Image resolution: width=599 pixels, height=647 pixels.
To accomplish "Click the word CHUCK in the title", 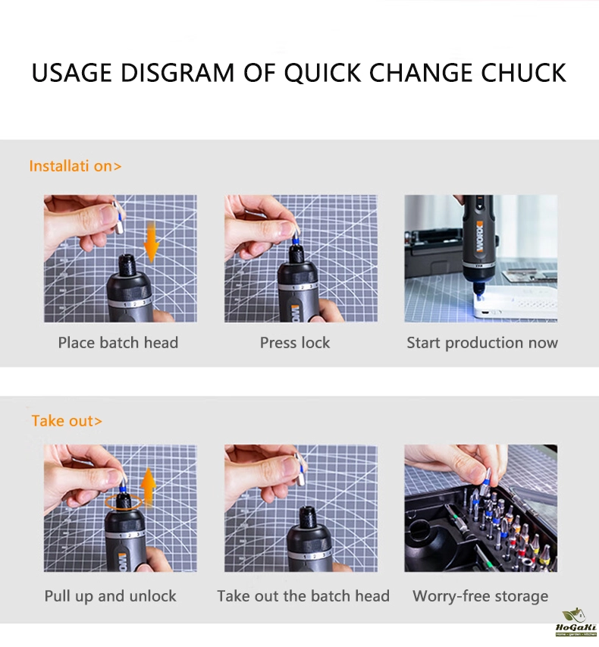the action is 523,73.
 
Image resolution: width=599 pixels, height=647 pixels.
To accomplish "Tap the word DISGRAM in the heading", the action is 177,73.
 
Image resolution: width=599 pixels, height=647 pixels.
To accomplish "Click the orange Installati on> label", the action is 76,166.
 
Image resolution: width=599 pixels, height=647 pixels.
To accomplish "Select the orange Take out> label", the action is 67,421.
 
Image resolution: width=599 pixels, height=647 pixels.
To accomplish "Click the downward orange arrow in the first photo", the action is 151,242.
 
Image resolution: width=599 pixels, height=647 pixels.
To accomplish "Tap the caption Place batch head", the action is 118,343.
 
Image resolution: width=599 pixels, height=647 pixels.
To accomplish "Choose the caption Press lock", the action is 295,343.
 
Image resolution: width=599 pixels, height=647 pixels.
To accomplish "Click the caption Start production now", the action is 482,343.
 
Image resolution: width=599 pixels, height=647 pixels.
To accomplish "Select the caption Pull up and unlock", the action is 110,596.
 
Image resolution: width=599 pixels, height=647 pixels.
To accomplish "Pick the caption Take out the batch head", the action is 303,596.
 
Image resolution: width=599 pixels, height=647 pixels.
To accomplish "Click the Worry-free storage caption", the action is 481,596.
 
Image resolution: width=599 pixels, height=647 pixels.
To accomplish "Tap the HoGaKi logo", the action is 576,622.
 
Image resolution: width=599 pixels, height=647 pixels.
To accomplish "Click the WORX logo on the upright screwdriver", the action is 479,237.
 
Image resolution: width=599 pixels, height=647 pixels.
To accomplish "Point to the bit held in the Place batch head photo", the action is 118,217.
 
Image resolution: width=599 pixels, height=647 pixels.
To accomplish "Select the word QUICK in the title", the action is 323,73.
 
